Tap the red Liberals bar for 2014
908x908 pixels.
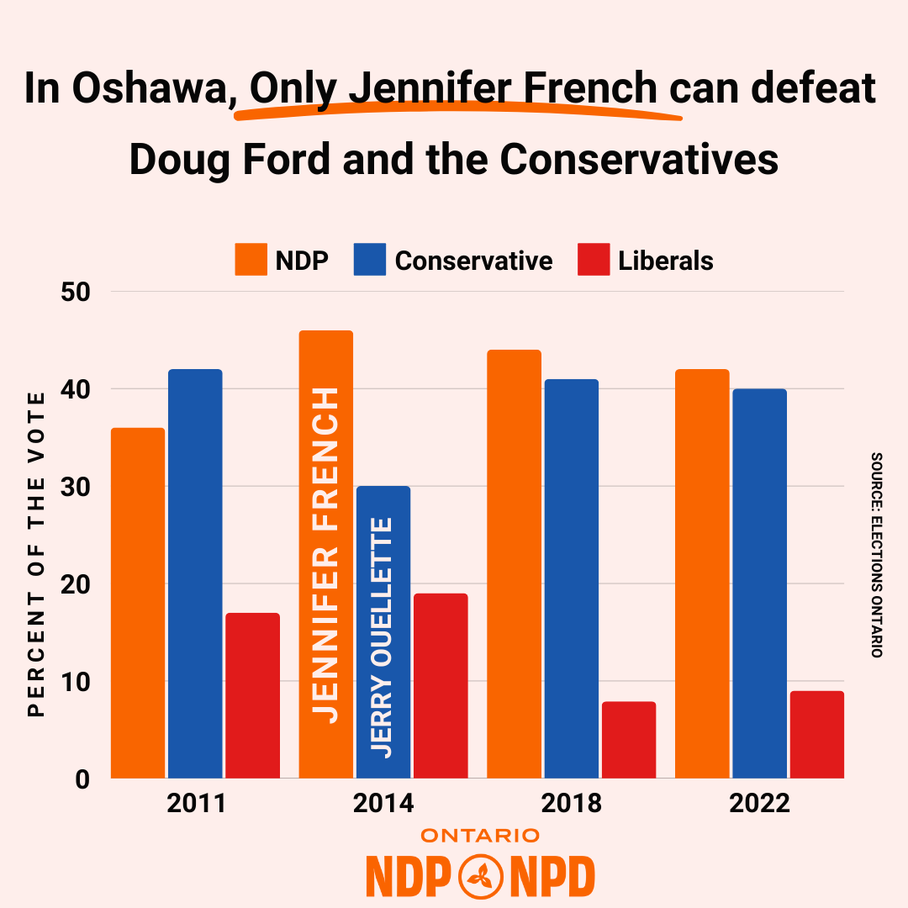click(441, 685)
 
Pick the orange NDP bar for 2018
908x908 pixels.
click(514, 563)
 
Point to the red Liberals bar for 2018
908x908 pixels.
click(628, 739)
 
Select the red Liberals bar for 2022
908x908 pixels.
click(816, 734)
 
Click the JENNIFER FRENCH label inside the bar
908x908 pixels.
click(325, 555)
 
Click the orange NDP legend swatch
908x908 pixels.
click(251, 260)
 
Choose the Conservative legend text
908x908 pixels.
click(473, 261)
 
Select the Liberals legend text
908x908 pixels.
click(665, 261)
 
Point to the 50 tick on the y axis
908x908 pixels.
click(75, 293)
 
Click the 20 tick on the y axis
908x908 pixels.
click(75, 584)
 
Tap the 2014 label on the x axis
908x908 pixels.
click(383, 804)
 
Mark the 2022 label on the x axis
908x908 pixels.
click(759, 804)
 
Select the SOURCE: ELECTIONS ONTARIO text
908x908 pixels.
click(876, 555)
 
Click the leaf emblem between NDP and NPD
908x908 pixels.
click(481, 877)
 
